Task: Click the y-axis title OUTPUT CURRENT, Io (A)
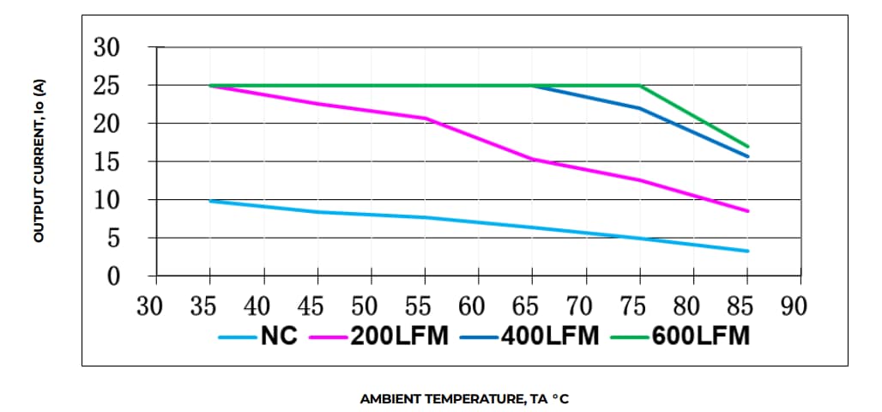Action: pos(39,161)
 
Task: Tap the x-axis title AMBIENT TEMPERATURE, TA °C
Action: pos(464,399)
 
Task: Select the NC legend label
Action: pos(279,336)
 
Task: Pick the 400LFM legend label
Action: pos(552,336)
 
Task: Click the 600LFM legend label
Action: pos(701,336)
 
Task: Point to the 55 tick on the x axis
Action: pos(425,305)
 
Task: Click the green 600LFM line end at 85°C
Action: pos(748,146)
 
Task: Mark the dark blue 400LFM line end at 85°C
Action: pos(748,156)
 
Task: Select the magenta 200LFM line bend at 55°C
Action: pos(426,118)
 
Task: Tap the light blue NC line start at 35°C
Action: pos(210,201)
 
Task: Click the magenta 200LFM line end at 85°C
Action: pos(748,211)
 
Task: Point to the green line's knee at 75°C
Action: pos(640,86)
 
